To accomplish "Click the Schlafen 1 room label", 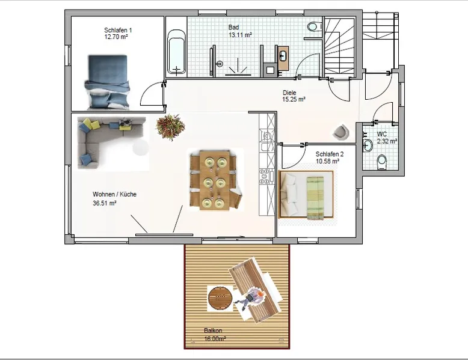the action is click(x=118, y=30).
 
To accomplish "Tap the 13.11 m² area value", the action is click(x=240, y=35).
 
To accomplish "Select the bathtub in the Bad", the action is click(x=176, y=52).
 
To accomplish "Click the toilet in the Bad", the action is click(x=313, y=26).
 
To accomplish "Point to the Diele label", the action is click(x=289, y=93).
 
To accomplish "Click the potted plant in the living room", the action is click(x=170, y=127).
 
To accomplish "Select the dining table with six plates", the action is click(x=215, y=180).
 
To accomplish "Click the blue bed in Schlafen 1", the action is click(x=108, y=82).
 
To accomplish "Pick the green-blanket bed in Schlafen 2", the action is click(x=306, y=195).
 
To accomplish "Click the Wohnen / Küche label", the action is click(x=115, y=194).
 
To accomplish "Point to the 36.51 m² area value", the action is click(x=105, y=203).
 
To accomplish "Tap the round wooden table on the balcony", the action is click(x=220, y=298).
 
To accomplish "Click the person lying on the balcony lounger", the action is click(x=250, y=298).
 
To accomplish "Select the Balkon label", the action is click(x=213, y=331).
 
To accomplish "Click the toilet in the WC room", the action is click(x=382, y=162).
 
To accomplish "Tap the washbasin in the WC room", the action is click(x=368, y=145).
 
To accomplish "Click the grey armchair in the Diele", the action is click(x=341, y=132).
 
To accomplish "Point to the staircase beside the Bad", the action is click(x=339, y=47).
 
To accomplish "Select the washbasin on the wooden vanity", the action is click(x=283, y=56).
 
